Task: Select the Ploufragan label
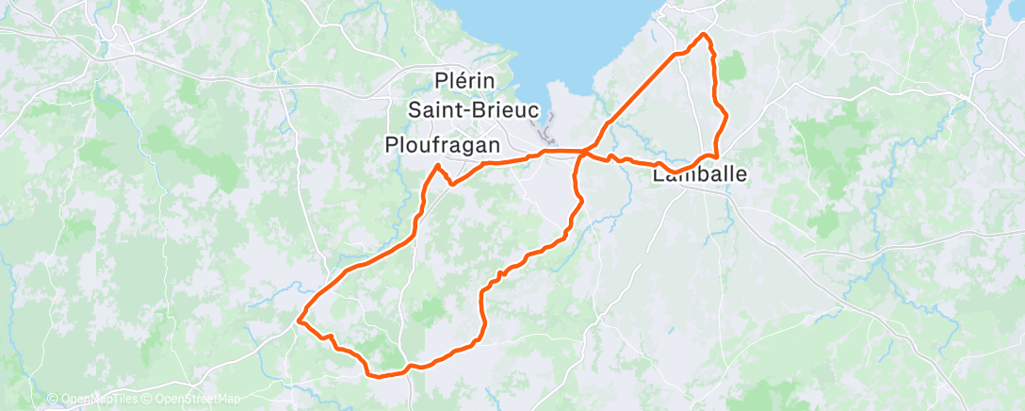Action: tap(443, 144)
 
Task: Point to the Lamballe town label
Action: tap(700, 174)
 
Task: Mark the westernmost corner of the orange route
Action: tap(300, 321)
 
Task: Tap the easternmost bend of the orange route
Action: tap(726, 115)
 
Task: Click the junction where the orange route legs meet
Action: tap(584, 152)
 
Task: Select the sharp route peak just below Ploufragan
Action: tap(438, 166)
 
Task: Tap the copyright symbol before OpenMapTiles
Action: tap(53, 399)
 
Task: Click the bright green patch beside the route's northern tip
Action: tap(732, 66)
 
